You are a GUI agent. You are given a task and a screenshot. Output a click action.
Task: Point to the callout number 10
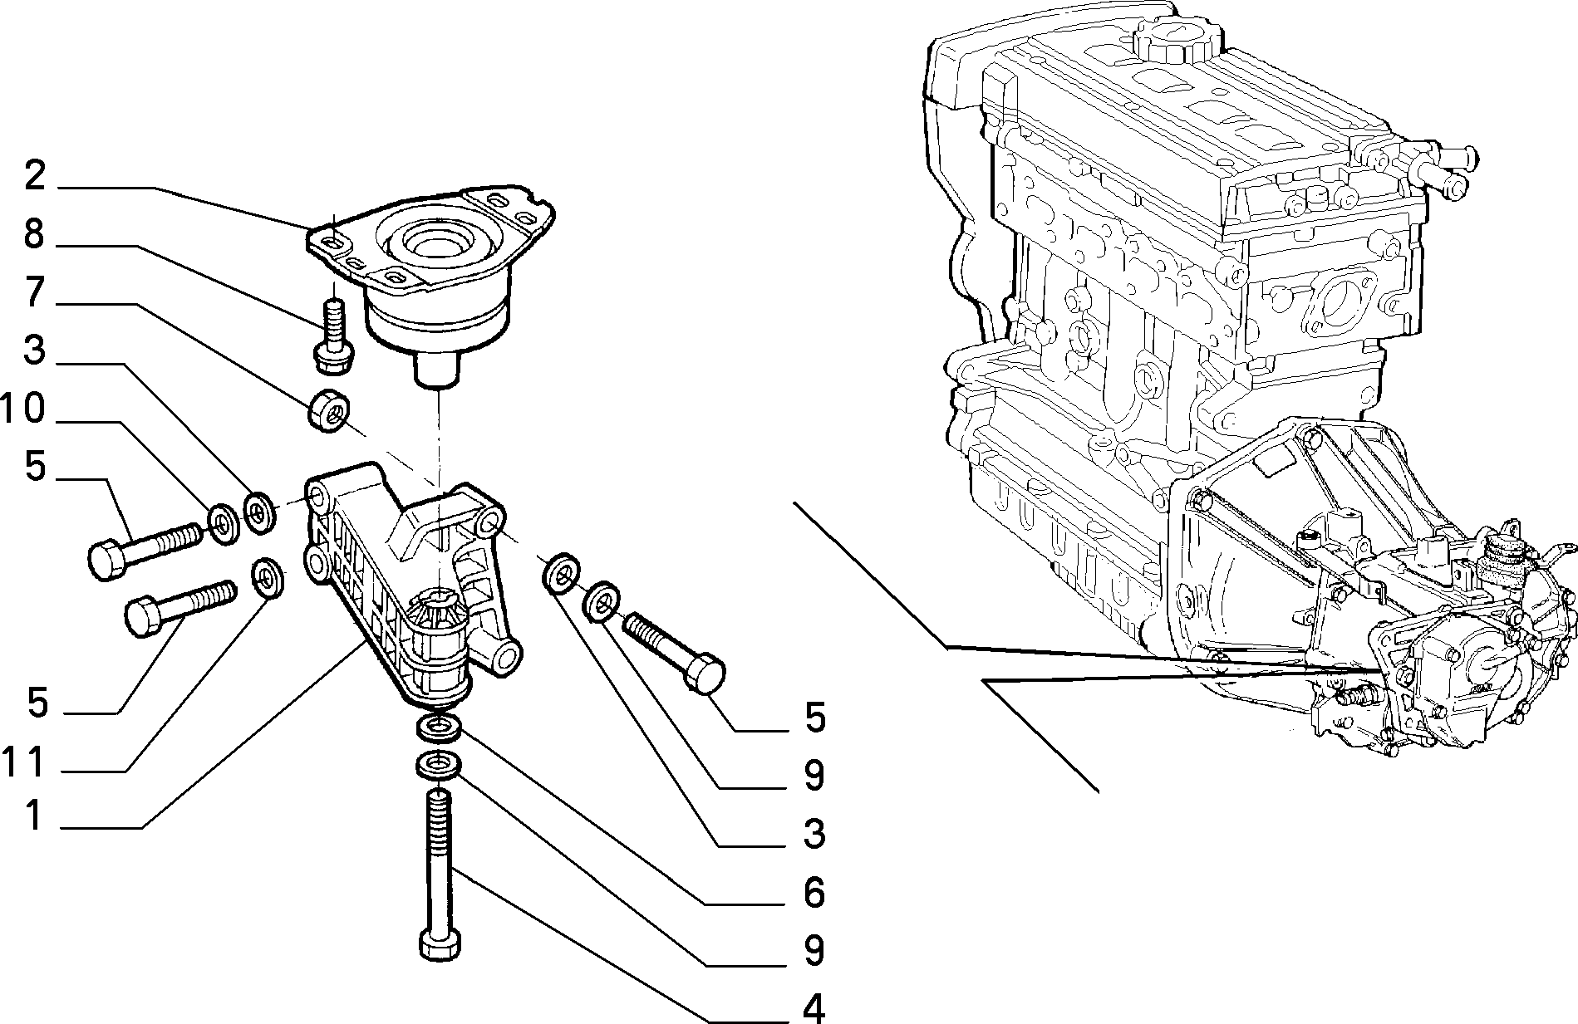22,409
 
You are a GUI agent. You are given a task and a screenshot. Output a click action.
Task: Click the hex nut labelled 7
330,409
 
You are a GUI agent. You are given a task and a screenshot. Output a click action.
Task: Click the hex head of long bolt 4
440,946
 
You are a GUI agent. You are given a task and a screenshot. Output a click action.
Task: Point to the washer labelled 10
223,523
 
